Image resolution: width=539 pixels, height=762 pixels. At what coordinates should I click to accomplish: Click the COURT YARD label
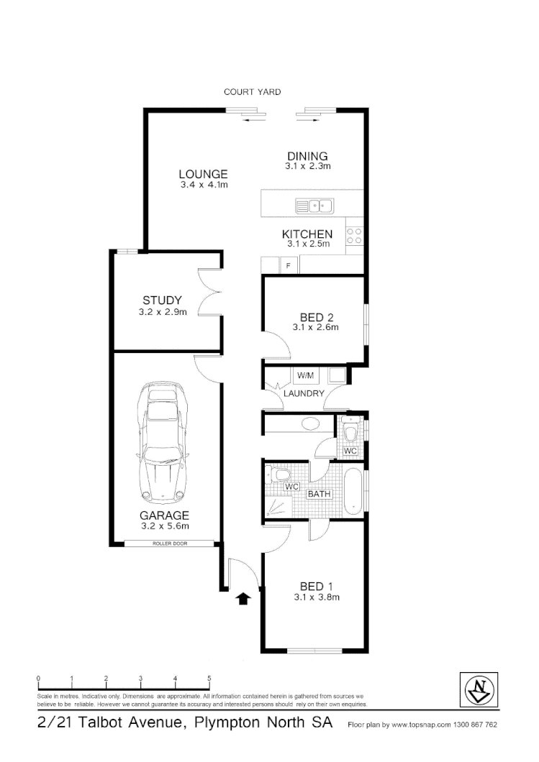(x=252, y=92)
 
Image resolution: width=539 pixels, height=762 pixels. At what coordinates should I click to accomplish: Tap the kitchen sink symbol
(x=315, y=206)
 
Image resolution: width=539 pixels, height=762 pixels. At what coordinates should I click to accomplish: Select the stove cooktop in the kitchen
(x=354, y=236)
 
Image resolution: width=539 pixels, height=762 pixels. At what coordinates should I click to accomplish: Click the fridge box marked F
(x=289, y=266)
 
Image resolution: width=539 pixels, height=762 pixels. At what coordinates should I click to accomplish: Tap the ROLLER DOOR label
(x=169, y=543)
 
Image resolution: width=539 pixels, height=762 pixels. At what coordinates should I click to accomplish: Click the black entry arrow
(x=243, y=598)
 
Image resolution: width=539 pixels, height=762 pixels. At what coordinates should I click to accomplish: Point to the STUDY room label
(x=162, y=300)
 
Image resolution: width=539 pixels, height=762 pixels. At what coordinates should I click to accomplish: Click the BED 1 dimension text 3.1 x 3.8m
(x=317, y=597)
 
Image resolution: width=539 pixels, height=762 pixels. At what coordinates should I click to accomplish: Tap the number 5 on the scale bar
(x=209, y=679)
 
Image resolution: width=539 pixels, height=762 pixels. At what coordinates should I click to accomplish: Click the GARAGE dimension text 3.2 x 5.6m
(x=165, y=526)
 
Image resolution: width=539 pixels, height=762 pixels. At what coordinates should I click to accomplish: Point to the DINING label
(x=307, y=156)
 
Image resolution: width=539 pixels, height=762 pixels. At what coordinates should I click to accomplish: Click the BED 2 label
(x=316, y=317)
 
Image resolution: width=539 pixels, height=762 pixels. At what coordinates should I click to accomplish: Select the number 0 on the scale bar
(x=38, y=679)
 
